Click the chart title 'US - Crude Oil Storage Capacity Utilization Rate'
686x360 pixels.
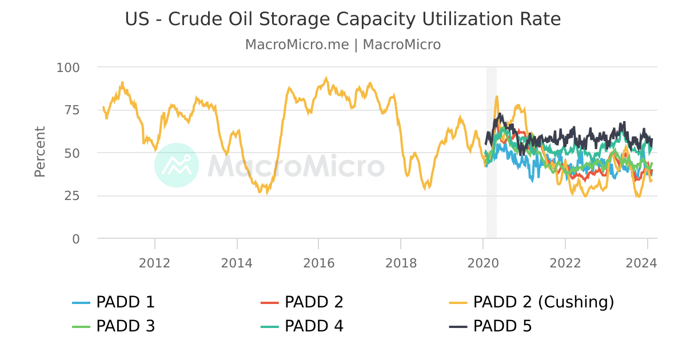(x=343, y=19)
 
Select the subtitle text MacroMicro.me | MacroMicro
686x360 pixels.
(x=343, y=45)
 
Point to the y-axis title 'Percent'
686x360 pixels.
(x=39, y=152)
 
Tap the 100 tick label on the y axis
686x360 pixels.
(x=68, y=67)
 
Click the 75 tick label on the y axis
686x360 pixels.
(x=72, y=110)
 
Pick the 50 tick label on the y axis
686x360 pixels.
(x=72, y=153)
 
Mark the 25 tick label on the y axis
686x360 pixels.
(x=72, y=196)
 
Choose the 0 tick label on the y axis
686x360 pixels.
(x=76, y=239)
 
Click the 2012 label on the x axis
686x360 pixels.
(x=155, y=263)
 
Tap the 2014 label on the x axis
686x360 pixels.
(x=237, y=263)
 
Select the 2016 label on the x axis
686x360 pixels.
(x=319, y=263)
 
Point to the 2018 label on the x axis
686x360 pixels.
(x=401, y=263)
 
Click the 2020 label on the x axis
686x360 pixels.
(x=483, y=263)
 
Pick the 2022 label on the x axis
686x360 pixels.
(x=565, y=263)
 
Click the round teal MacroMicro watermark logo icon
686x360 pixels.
(x=177, y=165)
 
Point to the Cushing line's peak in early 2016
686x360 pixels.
(x=326, y=78)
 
